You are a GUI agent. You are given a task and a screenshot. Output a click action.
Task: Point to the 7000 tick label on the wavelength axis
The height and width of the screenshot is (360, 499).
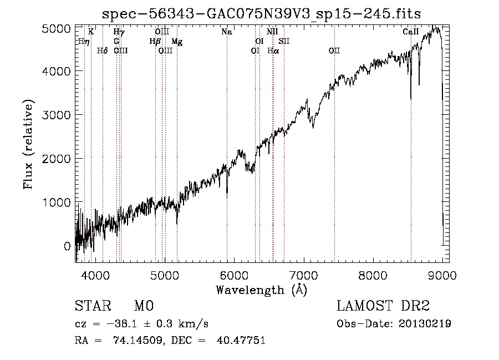pos(303,275)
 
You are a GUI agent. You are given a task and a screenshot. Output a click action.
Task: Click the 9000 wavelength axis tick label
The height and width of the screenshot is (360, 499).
pos(442,275)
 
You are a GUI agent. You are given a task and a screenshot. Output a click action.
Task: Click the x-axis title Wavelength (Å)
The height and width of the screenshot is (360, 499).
pos(261,290)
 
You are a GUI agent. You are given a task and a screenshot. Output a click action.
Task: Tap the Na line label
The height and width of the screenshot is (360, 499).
pos(226,32)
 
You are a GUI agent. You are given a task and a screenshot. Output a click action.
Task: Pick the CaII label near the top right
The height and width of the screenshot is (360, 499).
pos(410,32)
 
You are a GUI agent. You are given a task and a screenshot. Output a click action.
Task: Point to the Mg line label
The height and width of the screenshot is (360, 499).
pos(176,42)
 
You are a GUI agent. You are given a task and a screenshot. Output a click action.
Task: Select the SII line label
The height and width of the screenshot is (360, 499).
pos(284,42)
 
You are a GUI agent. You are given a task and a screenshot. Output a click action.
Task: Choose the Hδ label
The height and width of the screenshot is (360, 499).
pos(102,51)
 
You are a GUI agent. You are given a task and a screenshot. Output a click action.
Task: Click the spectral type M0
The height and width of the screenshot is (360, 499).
pos(143,306)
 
